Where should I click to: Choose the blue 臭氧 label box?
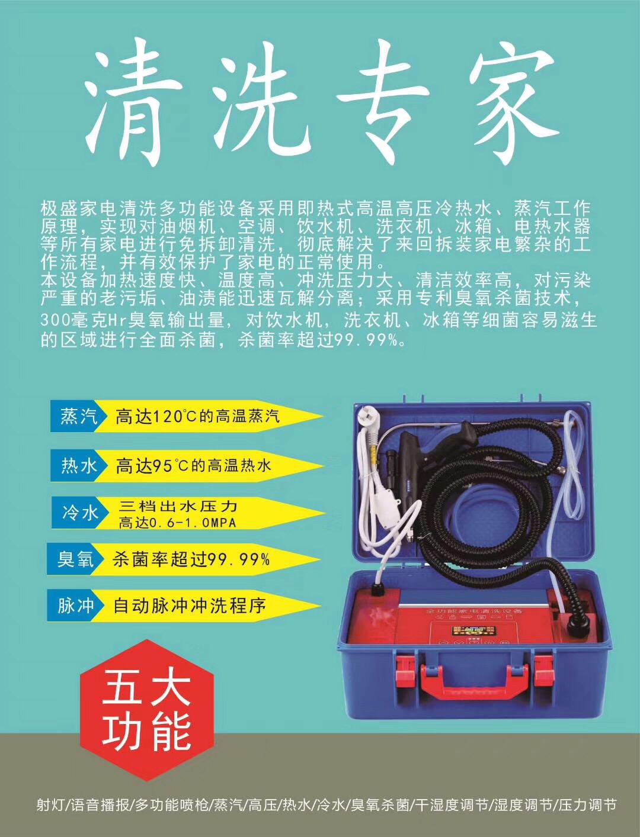coord(76,559)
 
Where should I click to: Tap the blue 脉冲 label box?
coord(76,606)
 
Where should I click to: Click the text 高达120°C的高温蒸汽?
coord(197,416)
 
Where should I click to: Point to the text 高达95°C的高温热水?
coord(193,466)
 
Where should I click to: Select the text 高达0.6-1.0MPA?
coord(177,523)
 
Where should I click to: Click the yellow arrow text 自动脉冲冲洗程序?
coord(190,606)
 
